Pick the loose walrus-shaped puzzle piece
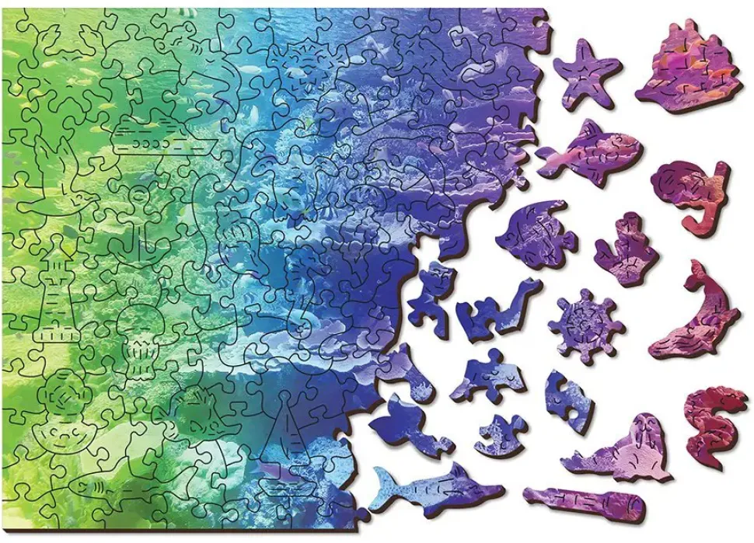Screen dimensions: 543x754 click(x=622, y=451)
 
